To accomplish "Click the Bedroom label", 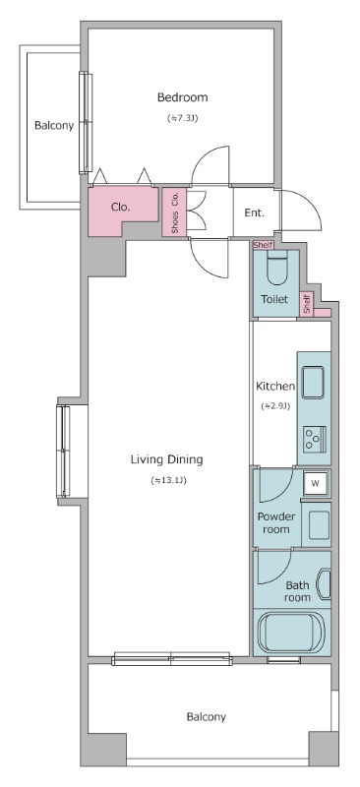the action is pyautogui.click(x=182, y=97).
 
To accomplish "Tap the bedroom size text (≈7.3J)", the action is pyautogui.click(x=182, y=118).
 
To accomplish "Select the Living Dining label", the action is pyautogui.click(x=166, y=459).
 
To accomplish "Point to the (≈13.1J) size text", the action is pyautogui.click(x=169, y=480).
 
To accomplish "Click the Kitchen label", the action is pyautogui.click(x=275, y=387).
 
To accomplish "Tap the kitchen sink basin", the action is pyautogui.click(x=313, y=383).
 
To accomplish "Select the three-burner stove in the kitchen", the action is pyautogui.click(x=315, y=438).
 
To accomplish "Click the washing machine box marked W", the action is pyautogui.click(x=316, y=483).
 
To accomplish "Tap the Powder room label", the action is pyautogui.click(x=276, y=523).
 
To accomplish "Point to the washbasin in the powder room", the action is pyautogui.click(x=319, y=525).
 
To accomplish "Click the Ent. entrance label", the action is pyautogui.click(x=254, y=212).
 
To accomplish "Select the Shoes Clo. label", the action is pyautogui.click(x=175, y=212).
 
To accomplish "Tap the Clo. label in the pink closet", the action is pyautogui.click(x=121, y=207).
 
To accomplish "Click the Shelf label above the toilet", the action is pyautogui.click(x=263, y=245).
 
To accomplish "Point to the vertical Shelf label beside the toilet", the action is pyautogui.click(x=307, y=305).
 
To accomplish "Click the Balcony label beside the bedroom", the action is pyautogui.click(x=54, y=126).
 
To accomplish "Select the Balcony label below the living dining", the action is pyautogui.click(x=206, y=717).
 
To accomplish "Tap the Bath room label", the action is pyautogui.click(x=297, y=591).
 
